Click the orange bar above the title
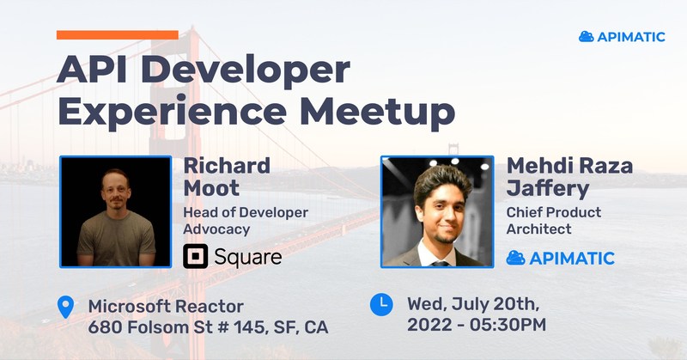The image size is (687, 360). pyautogui.click(x=118, y=35)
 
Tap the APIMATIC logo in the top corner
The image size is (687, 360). pyautogui.click(x=622, y=37)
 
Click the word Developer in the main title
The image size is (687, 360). pyautogui.click(x=246, y=71)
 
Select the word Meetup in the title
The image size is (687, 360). pyautogui.click(x=377, y=113)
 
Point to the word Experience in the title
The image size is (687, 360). pyautogui.click(x=173, y=113)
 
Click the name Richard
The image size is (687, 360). pyautogui.click(x=227, y=166)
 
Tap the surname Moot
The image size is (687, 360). pyautogui.click(x=211, y=188)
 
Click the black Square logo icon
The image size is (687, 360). pyautogui.click(x=196, y=257)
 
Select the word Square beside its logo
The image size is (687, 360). pyautogui.click(x=248, y=258)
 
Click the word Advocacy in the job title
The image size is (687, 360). pyautogui.click(x=216, y=229)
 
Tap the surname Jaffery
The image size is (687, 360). pyautogui.click(x=548, y=189)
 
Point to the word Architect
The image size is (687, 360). pyautogui.click(x=539, y=229)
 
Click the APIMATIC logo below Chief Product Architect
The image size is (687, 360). pyautogui.click(x=561, y=259)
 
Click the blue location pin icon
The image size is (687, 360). pyautogui.click(x=66, y=307)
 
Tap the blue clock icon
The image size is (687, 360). pyautogui.click(x=381, y=304)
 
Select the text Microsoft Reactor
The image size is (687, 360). pyautogui.click(x=166, y=307)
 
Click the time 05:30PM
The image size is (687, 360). pyautogui.click(x=508, y=326)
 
